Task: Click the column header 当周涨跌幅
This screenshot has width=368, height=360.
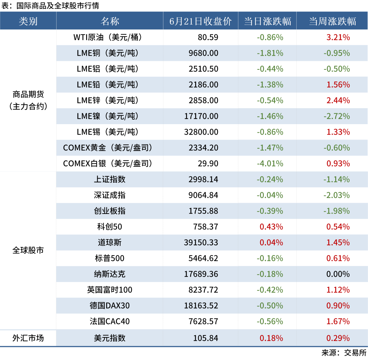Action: tap(332, 21)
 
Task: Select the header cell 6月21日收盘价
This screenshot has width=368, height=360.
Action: tap(200, 21)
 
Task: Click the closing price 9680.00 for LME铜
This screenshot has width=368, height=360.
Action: tap(203, 53)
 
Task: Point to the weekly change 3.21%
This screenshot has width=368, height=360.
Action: tap(338, 37)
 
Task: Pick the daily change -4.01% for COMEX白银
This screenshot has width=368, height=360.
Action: tap(270, 163)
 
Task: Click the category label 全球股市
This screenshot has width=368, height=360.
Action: tap(28, 251)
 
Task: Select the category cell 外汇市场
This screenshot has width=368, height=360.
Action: tap(28, 338)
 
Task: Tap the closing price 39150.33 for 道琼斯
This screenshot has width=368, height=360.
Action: tap(201, 242)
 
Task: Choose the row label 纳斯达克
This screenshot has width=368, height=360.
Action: tap(110, 274)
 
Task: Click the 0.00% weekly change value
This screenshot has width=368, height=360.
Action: tap(338, 274)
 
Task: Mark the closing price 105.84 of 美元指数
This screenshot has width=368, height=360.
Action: tap(206, 338)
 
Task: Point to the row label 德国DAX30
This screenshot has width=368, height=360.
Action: tap(110, 306)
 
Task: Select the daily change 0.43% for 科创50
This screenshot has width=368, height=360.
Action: tap(271, 227)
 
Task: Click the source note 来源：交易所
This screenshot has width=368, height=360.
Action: tap(344, 353)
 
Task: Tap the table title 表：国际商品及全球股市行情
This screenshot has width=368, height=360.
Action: tap(50, 6)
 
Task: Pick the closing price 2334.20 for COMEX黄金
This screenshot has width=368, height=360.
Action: tap(203, 148)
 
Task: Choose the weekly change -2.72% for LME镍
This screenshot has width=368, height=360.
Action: tap(337, 116)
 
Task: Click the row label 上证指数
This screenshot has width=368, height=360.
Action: tap(110, 179)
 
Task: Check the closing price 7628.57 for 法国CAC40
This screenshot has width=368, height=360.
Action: tap(203, 321)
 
